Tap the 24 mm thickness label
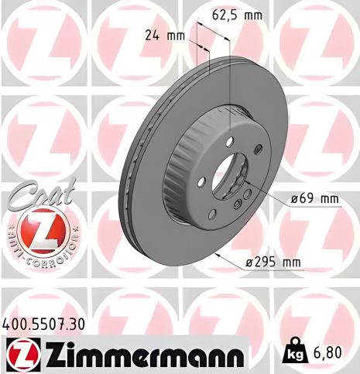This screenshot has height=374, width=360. [163, 34]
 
